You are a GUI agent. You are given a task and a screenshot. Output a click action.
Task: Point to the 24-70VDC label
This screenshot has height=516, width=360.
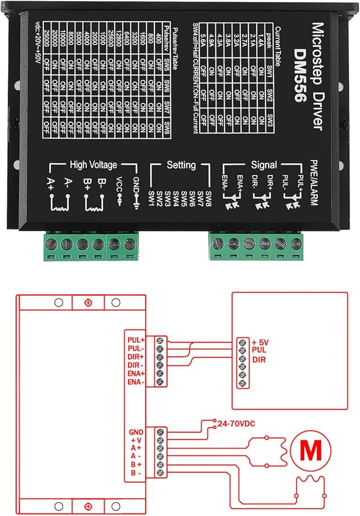pyautogui.click(x=237, y=424)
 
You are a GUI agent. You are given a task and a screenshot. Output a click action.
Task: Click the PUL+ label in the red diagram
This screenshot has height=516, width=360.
pyautogui.click(x=136, y=340)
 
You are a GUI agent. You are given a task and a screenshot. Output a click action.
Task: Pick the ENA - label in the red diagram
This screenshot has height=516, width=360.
pyautogui.click(x=136, y=382)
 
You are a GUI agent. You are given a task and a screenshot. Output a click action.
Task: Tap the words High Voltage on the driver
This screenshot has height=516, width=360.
pyautogui.click(x=93, y=165)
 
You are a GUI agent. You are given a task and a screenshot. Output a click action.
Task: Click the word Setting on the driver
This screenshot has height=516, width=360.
pyautogui.click(x=181, y=165)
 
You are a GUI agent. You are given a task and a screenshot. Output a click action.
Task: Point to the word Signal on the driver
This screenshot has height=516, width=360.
pyautogui.click(x=264, y=165)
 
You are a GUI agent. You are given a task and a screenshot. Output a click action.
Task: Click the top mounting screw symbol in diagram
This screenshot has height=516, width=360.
pyautogui.click(x=88, y=302)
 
